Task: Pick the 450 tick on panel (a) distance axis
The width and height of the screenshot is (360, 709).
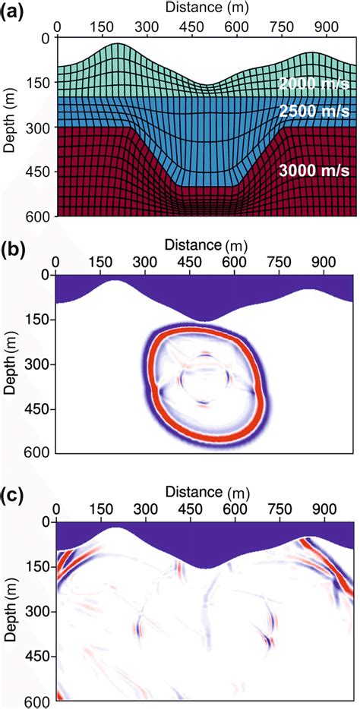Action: point(175,24)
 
